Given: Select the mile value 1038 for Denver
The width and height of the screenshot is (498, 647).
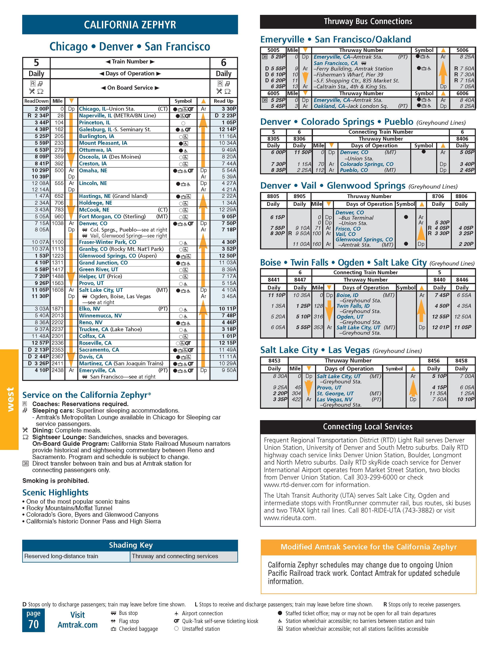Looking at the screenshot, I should tap(58, 223).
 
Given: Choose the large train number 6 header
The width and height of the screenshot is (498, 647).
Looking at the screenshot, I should tap(224, 63).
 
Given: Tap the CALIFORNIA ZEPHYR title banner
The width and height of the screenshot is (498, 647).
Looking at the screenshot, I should tap(130, 25).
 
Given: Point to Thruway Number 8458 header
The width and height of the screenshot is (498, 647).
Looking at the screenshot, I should tap(461, 360).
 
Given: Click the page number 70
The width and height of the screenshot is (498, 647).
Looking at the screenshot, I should tap(33, 624).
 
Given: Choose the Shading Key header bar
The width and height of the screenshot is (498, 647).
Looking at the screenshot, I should tap(130, 545).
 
